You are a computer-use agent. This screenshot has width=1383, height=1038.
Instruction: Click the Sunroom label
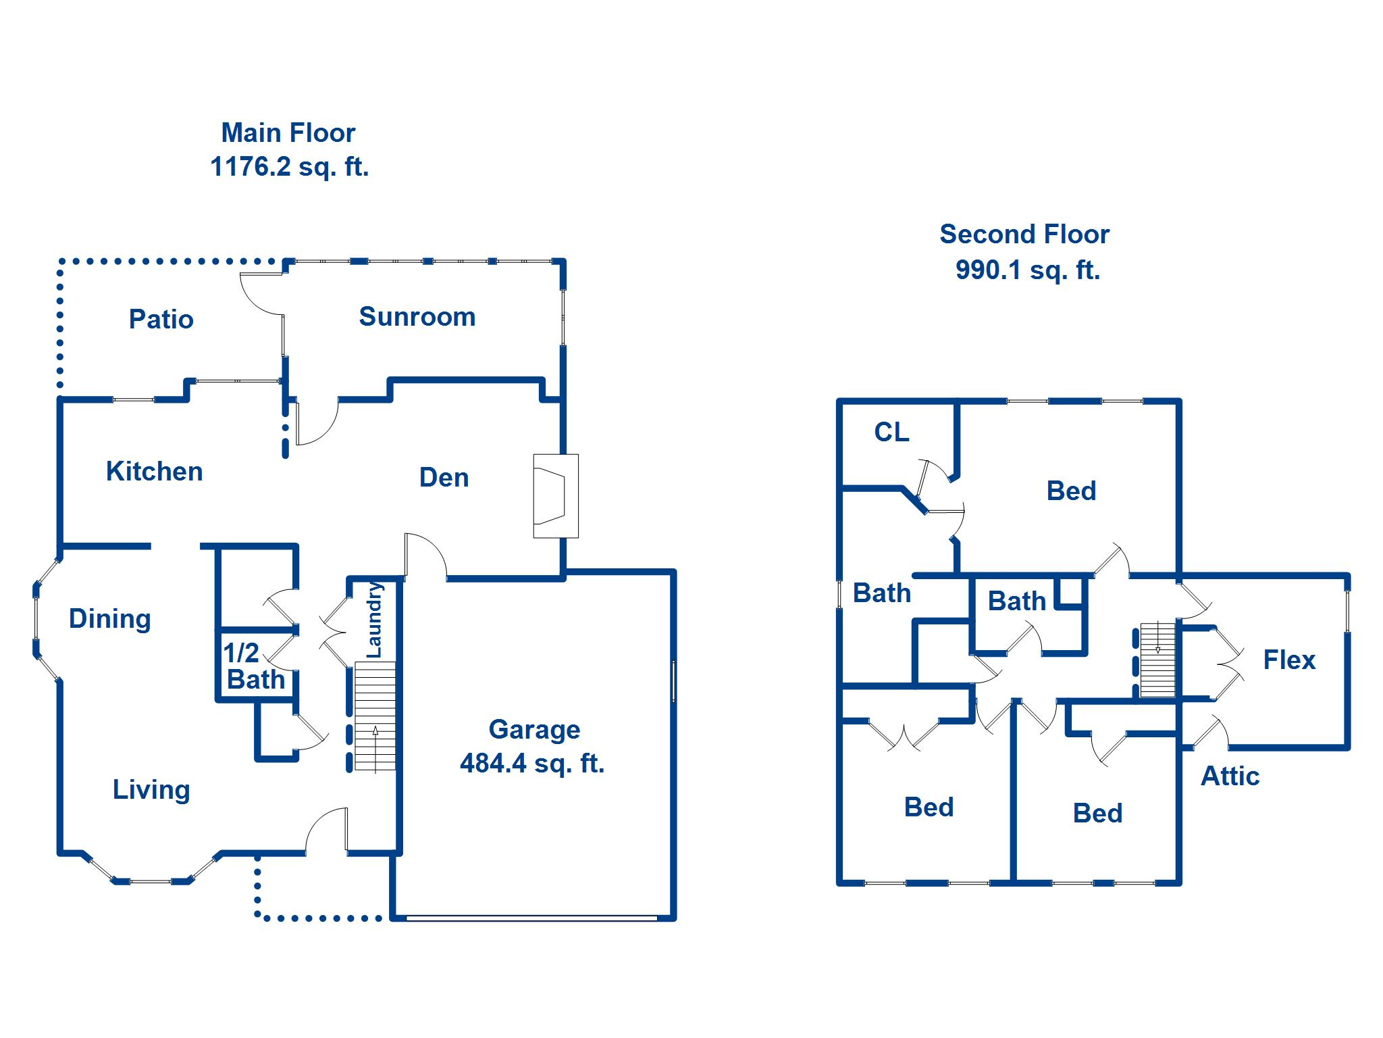(x=417, y=317)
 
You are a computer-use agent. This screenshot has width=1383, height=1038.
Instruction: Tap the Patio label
(x=161, y=319)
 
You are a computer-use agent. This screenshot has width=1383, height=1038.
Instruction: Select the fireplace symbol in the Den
(x=555, y=495)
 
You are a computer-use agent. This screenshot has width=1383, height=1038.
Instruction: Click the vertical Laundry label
(x=374, y=620)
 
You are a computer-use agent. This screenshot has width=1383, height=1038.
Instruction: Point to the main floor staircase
(x=375, y=716)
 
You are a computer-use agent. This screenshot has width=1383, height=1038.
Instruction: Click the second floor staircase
(x=1157, y=660)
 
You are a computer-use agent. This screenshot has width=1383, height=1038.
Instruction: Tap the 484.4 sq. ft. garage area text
(x=532, y=764)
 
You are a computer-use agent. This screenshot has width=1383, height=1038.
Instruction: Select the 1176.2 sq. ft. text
(x=289, y=166)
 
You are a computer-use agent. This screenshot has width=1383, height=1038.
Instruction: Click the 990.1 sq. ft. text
(x=1027, y=270)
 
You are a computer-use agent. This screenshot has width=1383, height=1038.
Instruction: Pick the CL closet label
(x=891, y=432)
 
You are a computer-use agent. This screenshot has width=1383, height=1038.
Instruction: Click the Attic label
(x=1230, y=776)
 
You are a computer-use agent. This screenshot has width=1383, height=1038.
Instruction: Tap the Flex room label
(x=1288, y=660)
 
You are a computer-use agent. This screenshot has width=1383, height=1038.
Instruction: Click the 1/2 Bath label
(x=253, y=666)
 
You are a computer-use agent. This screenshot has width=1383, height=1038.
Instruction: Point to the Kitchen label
(x=154, y=471)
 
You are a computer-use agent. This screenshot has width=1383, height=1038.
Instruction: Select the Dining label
(x=109, y=618)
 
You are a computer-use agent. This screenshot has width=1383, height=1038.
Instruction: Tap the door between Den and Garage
(x=424, y=555)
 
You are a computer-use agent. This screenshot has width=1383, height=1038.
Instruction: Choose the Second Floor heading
(x=1024, y=234)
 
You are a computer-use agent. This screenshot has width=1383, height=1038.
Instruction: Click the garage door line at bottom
(x=532, y=918)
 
